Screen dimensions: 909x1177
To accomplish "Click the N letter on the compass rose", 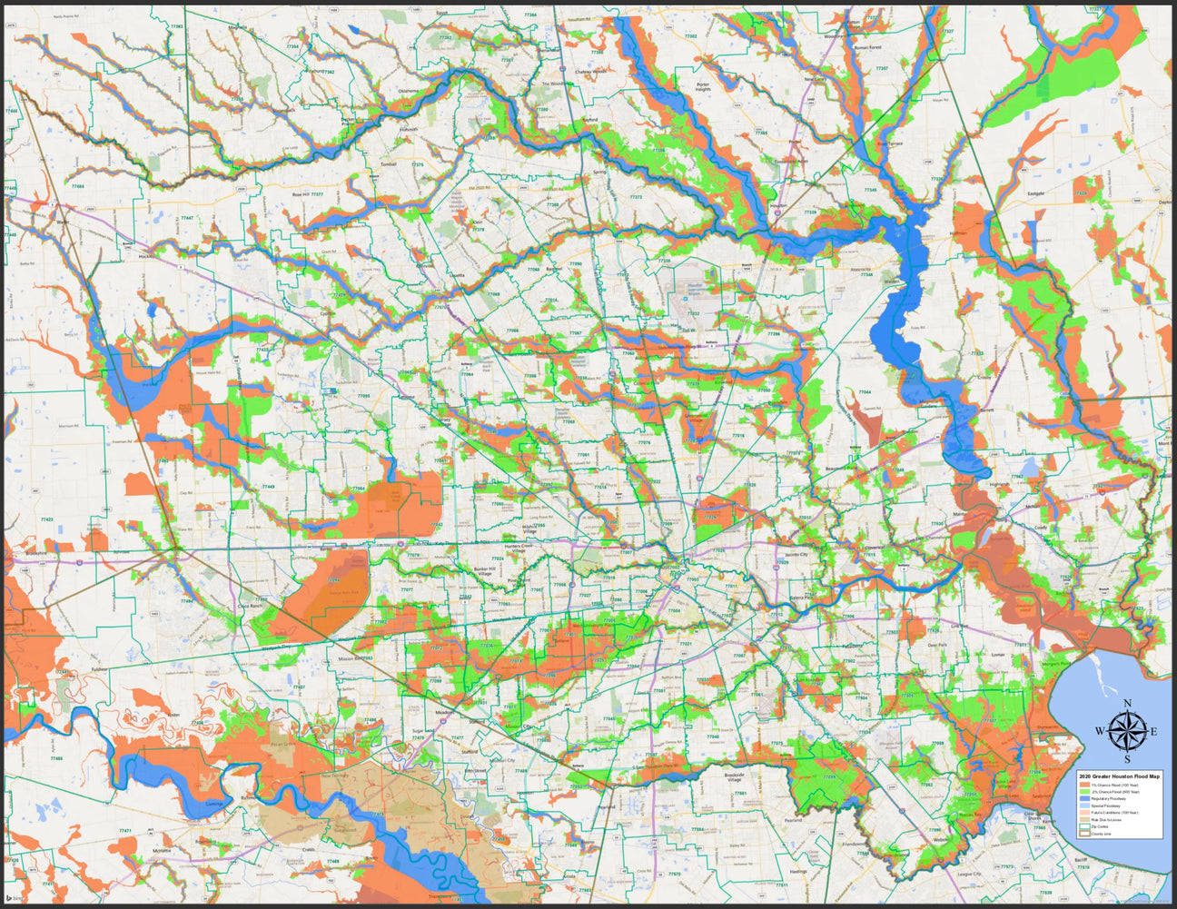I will [x=1127, y=704].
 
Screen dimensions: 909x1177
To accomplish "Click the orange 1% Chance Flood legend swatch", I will [x=1082, y=785].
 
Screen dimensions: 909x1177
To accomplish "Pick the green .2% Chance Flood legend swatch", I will [x=1082, y=793].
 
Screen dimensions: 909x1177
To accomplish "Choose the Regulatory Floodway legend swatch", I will [x=1082, y=800].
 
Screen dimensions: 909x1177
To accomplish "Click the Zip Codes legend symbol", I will [x=1082, y=826].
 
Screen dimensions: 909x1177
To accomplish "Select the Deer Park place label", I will [x=938, y=646].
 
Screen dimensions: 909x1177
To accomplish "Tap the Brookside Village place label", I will [x=727, y=777].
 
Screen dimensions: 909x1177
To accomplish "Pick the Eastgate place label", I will [x=1036, y=193].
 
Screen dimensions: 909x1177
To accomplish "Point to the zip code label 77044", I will [x=864, y=391].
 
